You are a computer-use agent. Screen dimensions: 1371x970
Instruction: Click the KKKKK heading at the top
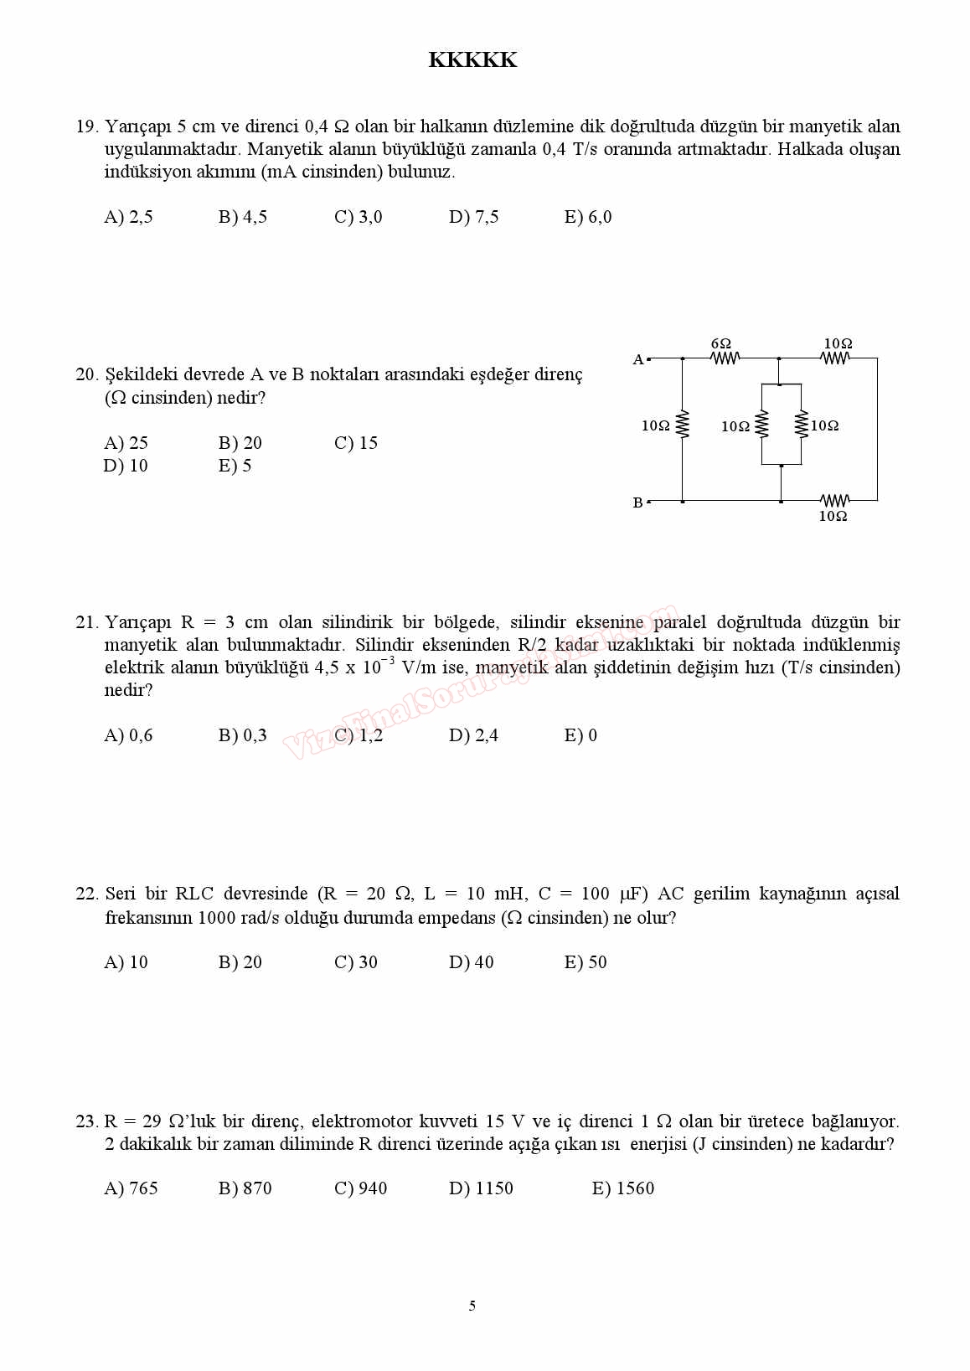pos(472,60)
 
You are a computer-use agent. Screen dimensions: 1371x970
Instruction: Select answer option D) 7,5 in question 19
pos(473,217)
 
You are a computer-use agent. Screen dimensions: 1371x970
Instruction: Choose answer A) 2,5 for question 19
pos(128,217)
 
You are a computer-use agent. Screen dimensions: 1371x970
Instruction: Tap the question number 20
pos(86,374)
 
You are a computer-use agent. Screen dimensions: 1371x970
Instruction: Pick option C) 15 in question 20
pos(356,443)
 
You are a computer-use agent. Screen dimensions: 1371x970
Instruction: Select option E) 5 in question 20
pos(235,466)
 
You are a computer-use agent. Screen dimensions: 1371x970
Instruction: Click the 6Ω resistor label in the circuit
pos(720,343)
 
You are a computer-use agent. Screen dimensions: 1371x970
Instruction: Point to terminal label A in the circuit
pos(638,359)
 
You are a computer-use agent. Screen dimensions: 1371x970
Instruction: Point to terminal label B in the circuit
pos(638,503)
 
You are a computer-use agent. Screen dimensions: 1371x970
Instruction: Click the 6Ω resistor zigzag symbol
pos(725,358)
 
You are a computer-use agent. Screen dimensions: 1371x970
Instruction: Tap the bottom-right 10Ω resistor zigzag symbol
pos(834,500)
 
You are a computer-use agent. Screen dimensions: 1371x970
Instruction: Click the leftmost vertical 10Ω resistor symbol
pos(682,425)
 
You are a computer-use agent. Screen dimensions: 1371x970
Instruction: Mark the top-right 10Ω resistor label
pos(838,343)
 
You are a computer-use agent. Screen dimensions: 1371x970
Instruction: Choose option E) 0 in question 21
pos(580,735)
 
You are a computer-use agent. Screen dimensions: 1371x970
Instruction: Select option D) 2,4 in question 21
pos(473,735)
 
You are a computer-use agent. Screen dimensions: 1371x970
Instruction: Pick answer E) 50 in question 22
pos(586,962)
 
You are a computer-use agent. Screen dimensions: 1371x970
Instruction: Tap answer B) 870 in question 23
pos(245,1188)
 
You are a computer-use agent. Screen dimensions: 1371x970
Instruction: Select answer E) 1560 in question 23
pos(622,1188)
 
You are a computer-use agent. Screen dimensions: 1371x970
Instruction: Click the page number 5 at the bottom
pos(472,1306)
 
